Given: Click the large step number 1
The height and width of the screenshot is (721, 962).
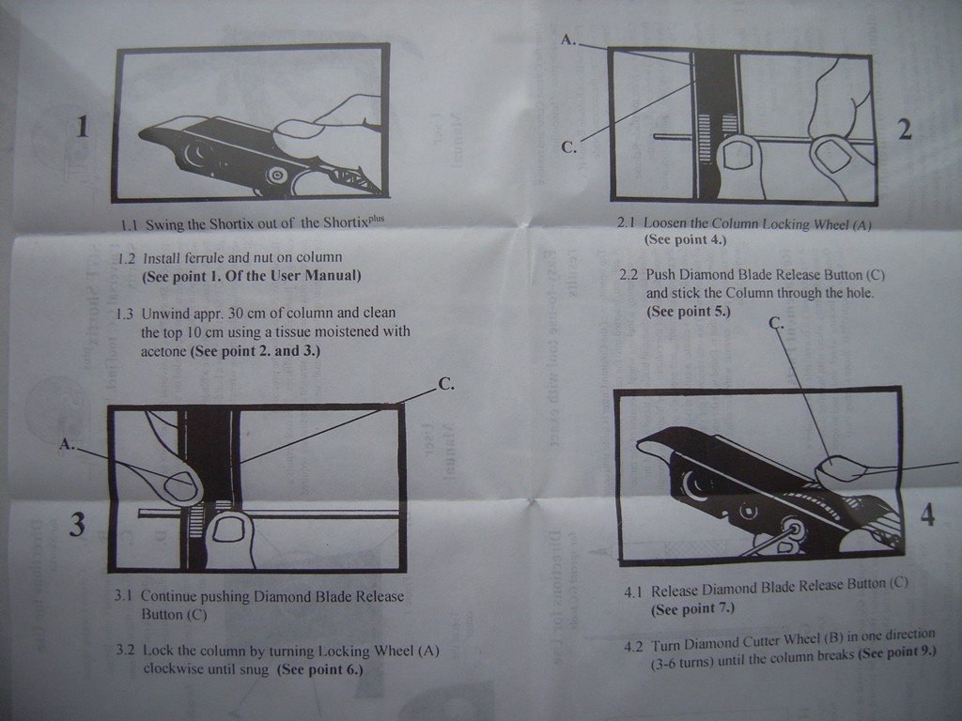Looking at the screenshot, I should tap(83, 126).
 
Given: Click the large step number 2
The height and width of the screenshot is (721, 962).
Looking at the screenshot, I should tap(905, 130).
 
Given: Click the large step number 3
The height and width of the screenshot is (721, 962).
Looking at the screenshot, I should tap(77, 525).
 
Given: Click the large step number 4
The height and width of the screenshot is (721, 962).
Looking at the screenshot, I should tap(927, 514).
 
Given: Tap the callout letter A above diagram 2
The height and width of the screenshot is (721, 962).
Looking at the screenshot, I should tap(566, 39).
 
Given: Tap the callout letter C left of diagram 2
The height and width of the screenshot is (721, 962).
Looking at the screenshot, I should tap(569, 146).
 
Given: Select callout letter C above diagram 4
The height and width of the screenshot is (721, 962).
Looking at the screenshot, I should tap(776, 323).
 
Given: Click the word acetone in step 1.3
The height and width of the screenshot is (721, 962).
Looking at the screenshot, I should tap(163, 352).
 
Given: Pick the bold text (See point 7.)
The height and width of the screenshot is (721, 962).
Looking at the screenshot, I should tap(692, 608).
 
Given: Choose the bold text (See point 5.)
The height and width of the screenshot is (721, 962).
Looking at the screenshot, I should tap(688, 311).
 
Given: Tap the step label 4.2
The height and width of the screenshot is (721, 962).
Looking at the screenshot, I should tap(633, 646).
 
